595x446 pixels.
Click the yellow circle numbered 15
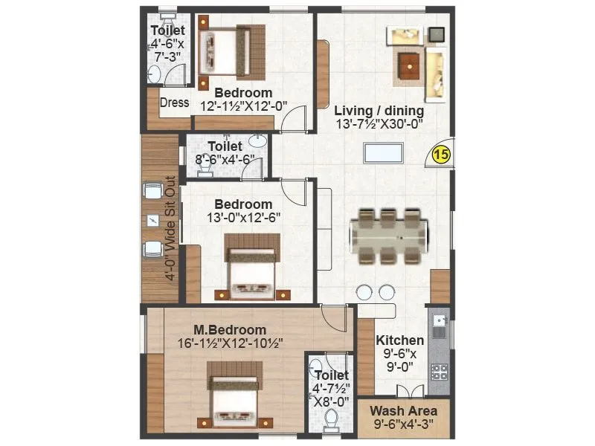[440, 155]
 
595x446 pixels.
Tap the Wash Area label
[404, 410]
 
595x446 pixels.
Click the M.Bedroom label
[230, 330]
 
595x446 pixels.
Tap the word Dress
[174, 103]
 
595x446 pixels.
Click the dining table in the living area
[389, 237]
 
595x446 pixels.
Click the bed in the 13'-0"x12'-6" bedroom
[252, 267]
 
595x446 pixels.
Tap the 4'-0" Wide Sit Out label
[170, 227]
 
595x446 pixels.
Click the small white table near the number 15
[383, 151]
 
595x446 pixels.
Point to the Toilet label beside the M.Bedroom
[330, 375]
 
